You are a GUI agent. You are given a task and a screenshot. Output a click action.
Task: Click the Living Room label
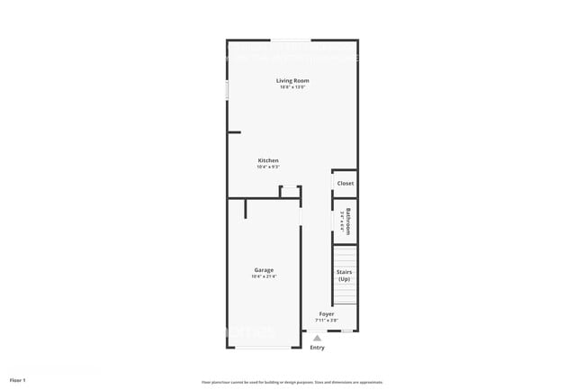pyautogui.click(x=292, y=80)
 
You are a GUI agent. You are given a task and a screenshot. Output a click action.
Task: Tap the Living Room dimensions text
pyautogui.click(x=292, y=87)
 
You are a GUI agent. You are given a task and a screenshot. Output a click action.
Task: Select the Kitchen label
pyautogui.click(x=268, y=160)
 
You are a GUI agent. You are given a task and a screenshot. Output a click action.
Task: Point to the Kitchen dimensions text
pyautogui.click(x=268, y=168)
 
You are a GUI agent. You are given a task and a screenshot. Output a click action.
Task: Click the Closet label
pyautogui.click(x=346, y=183)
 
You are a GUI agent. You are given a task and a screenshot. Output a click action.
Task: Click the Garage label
pyautogui.click(x=264, y=269)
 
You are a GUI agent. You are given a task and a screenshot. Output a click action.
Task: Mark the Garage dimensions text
pyautogui.click(x=264, y=277)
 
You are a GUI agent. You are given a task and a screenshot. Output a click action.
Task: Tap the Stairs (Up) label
pyautogui.click(x=344, y=275)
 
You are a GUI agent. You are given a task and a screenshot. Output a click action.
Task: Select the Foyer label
pyautogui.click(x=327, y=313)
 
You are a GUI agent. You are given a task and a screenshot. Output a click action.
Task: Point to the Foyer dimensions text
pyautogui.click(x=327, y=321)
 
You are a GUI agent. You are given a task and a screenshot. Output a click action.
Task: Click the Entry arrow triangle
pyautogui.click(x=317, y=338)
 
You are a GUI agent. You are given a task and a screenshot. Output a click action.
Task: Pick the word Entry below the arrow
pyautogui.click(x=317, y=348)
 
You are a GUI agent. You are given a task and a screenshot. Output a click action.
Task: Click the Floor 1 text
pyautogui.click(x=18, y=379)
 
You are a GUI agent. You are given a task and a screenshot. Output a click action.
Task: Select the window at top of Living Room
pyautogui.click(x=292, y=40)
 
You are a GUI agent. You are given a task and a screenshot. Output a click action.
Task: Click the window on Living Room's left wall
pyautogui.click(x=227, y=90)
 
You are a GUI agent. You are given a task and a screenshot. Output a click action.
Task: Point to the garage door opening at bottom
pyautogui.click(x=263, y=348)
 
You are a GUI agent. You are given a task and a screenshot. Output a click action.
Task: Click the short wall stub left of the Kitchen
pyautogui.click(x=233, y=132)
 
